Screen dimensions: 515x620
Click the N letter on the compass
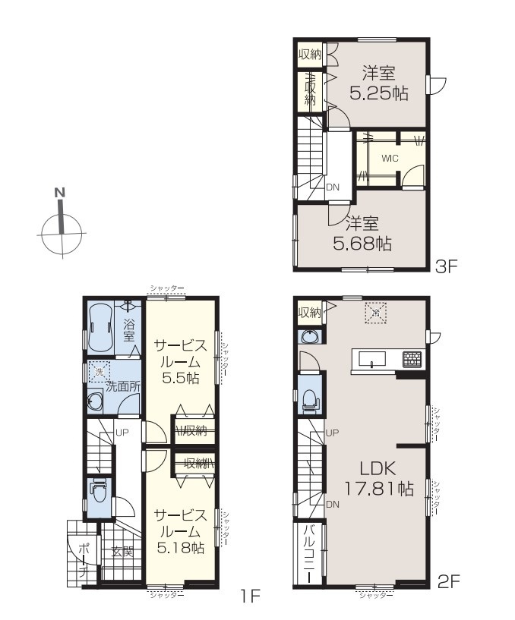[x=60, y=193]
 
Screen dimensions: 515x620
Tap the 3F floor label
[x=446, y=267]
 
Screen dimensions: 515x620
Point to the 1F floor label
[x=249, y=596]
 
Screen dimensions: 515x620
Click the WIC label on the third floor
[x=390, y=159]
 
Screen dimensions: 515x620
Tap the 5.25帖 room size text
[x=379, y=93]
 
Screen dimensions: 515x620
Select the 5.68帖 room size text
[x=362, y=244]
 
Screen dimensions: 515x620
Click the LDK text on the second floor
[x=378, y=469]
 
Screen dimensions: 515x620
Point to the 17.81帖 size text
[x=379, y=489]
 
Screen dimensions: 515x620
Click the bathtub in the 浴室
[x=100, y=326]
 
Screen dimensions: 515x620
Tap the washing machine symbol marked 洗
[x=99, y=372]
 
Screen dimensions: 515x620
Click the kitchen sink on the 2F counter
[x=372, y=360]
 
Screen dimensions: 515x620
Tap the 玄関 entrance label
[x=122, y=552]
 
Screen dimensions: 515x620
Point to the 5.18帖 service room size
[x=181, y=548]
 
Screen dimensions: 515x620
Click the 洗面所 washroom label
[x=123, y=386]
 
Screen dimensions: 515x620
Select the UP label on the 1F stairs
[x=122, y=433]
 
